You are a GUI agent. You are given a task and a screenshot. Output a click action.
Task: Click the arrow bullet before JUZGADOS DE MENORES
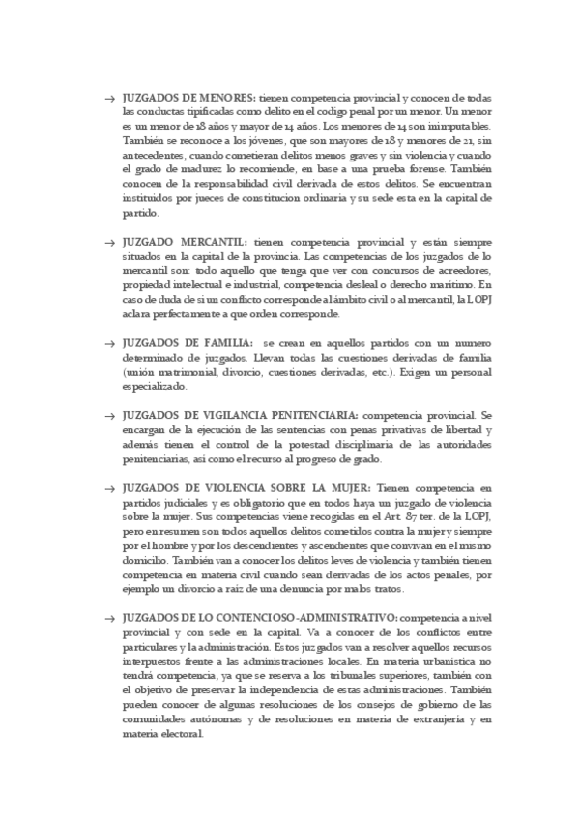109,99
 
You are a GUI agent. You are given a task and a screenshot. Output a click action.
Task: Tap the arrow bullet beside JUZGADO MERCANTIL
109,240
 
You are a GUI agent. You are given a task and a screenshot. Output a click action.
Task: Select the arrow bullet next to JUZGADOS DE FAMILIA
109,343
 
